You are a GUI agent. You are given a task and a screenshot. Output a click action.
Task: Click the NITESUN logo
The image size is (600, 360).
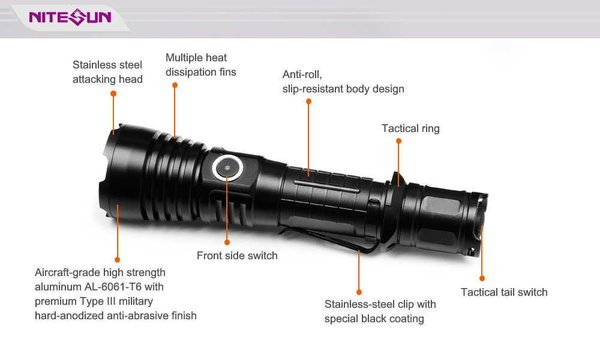(70, 17)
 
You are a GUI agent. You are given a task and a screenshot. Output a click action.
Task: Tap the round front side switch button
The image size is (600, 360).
(227, 167)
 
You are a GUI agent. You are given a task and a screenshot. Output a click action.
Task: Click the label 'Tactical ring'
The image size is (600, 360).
(410, 128)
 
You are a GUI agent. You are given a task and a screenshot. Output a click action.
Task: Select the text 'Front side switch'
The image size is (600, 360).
(237, 256)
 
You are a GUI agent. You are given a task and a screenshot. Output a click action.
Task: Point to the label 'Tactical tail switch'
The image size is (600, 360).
(504, 292)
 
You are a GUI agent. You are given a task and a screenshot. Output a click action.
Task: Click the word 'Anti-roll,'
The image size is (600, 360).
(302, 74)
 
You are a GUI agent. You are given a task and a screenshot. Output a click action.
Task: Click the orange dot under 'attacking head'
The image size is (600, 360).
(113, 94)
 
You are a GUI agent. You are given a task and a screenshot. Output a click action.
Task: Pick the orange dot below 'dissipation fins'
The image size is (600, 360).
(175, 85)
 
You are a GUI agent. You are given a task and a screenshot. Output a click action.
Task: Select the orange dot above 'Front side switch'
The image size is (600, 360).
(227, 242)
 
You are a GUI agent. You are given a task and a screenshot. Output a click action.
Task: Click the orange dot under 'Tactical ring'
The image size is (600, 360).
(398, 141)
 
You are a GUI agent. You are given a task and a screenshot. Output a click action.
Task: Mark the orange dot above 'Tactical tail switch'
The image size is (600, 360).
(482, 278)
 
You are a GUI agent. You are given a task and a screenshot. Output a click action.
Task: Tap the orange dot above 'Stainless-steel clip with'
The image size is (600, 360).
(359, 292)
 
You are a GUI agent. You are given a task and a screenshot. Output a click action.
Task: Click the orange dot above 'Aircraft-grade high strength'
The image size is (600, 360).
(117, 260)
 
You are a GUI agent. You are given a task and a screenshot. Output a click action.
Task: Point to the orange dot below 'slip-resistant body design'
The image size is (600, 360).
(308, 101)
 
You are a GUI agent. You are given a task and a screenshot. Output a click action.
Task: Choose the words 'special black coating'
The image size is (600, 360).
(374, 319)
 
